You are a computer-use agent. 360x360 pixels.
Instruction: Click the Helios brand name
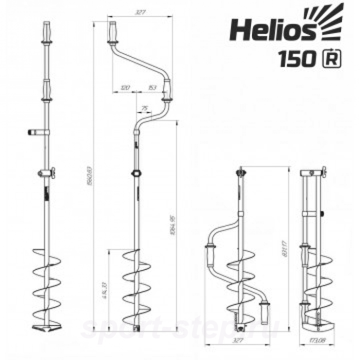pyautogui.click(x=272, y=30)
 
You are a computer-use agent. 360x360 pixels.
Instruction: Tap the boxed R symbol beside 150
pyautogui.click(x=327, y=59)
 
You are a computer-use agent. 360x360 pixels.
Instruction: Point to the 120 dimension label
pyautogui.click(x=124, y=88)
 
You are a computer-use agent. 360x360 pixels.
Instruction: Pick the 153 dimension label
pyautogui.click(x=152, y=88)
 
